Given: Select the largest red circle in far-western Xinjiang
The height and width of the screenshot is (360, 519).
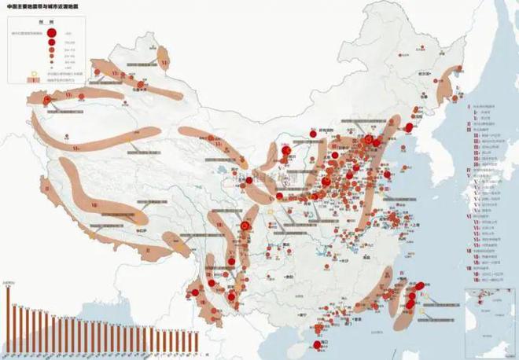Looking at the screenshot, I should click(x=49, y=101).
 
